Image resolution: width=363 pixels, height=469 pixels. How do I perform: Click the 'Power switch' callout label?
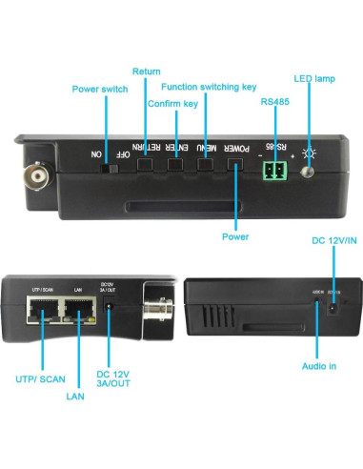[99, 90]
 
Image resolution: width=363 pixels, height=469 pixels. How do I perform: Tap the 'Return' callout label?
[146, 71]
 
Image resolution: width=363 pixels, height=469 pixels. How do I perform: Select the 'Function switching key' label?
[210, 87]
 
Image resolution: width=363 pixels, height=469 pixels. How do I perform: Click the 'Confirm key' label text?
[171, 103]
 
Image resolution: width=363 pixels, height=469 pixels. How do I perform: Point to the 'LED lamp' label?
[315, 77]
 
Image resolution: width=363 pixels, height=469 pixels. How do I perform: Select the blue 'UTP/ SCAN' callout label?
[40, 379]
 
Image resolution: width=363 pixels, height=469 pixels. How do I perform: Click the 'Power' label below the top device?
[235, 236]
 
